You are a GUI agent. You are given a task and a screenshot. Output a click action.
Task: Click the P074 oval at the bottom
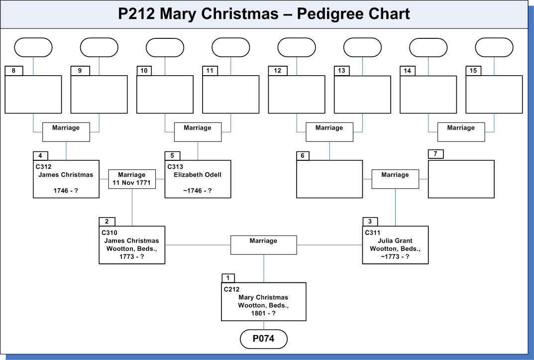[x=264, y=339]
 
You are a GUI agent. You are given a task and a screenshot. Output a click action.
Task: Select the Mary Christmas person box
[x=264, y=301]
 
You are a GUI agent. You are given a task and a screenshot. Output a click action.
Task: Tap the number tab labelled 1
[x=228, y=278]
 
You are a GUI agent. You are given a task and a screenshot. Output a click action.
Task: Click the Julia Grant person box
[x=395, y=245]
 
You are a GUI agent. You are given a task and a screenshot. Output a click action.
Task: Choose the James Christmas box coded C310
[x=132, y=245]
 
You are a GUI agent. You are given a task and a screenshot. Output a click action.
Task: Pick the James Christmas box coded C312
[x=66, y=179]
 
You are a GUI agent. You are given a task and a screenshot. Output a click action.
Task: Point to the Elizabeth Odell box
[x=198, y=179]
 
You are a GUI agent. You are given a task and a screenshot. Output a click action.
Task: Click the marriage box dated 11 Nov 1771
[x=132, y=179]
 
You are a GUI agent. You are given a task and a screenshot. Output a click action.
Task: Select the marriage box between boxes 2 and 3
[x=264, y=245]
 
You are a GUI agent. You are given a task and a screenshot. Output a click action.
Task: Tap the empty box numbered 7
[x=461, y=179]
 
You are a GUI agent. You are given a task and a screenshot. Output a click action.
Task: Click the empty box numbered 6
[x=329, y=179]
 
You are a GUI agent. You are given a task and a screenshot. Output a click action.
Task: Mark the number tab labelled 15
[x=473, y=71]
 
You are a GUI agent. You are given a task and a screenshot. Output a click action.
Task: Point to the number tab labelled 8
[x=13, y=71]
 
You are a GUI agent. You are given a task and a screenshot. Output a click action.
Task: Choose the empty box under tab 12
[x=296, y=94]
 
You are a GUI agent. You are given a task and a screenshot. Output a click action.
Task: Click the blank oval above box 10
[x=165, y=47]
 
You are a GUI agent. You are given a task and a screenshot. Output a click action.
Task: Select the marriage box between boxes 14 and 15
[x=461, y=132]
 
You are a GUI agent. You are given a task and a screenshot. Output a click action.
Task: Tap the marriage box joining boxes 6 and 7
[x=395, y=179]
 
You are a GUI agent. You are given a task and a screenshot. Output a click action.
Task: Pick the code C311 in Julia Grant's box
[x=372, y=233]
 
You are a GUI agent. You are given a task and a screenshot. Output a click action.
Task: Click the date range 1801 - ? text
[x=263, y=313]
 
